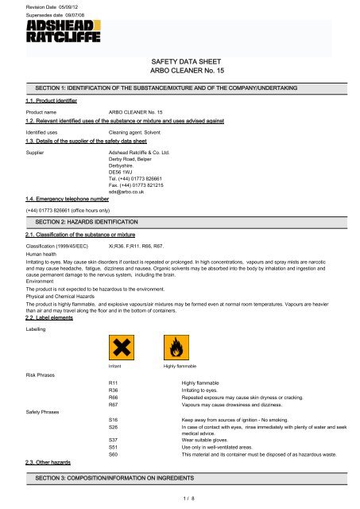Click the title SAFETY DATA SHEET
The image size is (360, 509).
[180, 60]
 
